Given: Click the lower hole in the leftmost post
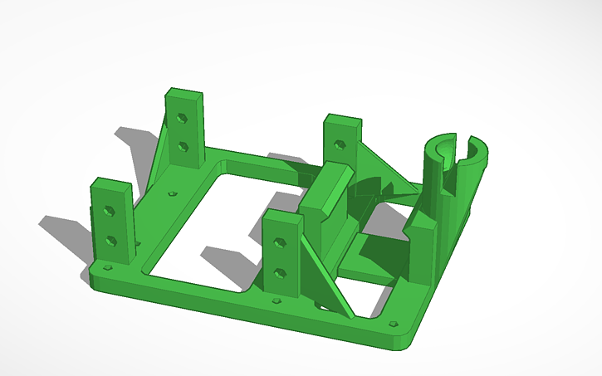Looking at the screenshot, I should [x=111, y=242].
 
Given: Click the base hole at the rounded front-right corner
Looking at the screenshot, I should [x=391, y=325].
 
